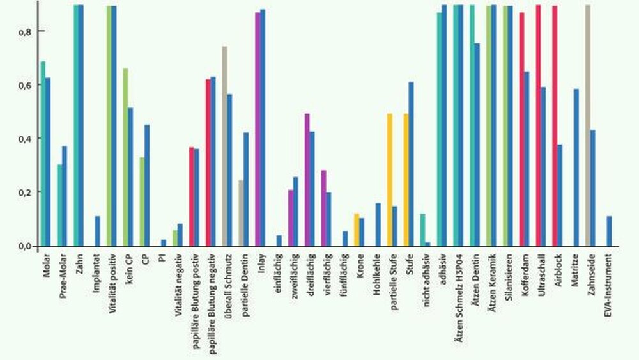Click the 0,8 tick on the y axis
pyautogui.click(x=24, y=31)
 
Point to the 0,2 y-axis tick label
pyautogui.click(x=24, y=192)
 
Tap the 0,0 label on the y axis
pyautogui.click(x=24, y=246)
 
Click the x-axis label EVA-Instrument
pyautogui.click(x=608, y=286)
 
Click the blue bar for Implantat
pyautogui.click(x=97, y=231)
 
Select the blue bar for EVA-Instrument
pyautogui.click(x=609, y=231)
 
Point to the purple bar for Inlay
pyautogui.click(x=258, y=129)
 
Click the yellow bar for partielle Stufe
pyautogui.click(x=390, y=180)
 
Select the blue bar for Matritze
pyautogui.click(x=576, y=167)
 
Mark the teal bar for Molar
pyautogui.click(x=43, y=153)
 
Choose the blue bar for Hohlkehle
pyautogui.click(x=378, y=224)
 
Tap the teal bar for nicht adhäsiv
pyautogui.click(x=422, y=230)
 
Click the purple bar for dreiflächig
pyautogui.click(x=307, y=180)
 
